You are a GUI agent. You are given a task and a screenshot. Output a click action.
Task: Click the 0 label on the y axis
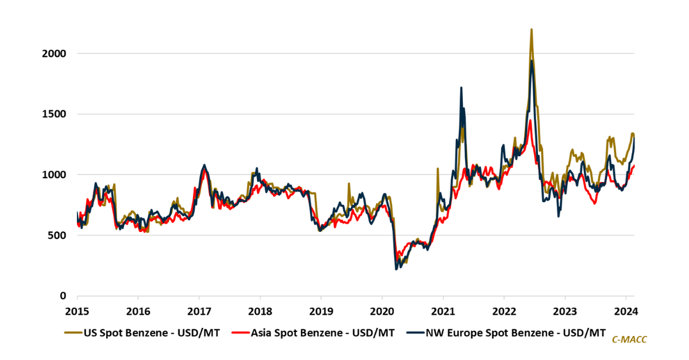(x=64, y=296)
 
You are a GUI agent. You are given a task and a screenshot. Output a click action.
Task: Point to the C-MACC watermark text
(x=630, y=340)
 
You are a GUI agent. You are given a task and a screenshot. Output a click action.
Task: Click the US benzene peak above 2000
(x=531, y=30)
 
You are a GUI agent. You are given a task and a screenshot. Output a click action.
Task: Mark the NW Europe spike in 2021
(x=461, y=88)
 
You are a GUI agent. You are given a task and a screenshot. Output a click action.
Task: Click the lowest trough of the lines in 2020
(x=396, y=268)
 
